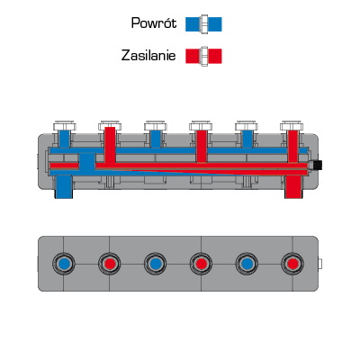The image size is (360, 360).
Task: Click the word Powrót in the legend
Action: [154, 23]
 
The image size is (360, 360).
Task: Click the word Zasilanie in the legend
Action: [148, 56]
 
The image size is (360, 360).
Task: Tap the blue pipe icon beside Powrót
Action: [203, 24]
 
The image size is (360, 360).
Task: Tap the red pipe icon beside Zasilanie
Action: [203, 56]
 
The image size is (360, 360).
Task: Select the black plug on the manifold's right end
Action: [317, 165]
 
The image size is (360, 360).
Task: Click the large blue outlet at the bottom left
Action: [64, 186]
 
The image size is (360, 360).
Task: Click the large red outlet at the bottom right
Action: [292, 186]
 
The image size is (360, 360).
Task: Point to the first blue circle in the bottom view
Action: [64, 264]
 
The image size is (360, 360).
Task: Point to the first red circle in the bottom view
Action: [110, 264]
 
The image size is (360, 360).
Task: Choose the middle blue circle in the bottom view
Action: [155, 264]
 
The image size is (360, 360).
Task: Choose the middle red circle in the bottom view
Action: [201, 264]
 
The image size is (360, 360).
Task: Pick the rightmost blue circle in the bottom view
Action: [247, 264]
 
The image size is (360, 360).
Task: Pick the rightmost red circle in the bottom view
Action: [292, 264]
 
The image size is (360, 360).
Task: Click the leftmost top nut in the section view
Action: [65, 126]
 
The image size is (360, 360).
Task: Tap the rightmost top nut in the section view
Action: [292, 126]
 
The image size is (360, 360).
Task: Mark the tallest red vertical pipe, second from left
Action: [110, 145]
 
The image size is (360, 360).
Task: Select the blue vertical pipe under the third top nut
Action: [156, 139]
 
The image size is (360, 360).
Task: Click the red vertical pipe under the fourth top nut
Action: [202, 147]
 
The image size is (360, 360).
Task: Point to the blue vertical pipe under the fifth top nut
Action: [247, 139]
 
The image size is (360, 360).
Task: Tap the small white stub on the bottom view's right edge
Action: [320, 264]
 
